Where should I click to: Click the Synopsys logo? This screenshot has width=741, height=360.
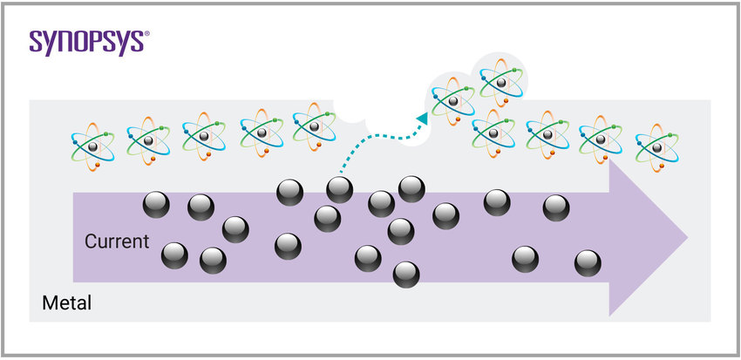[x=88, y=42]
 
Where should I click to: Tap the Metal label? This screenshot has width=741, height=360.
[x=67, y=304]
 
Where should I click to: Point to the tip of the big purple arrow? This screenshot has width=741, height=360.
[x=688, y=237]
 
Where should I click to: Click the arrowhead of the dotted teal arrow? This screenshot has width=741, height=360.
[x=422, y=117]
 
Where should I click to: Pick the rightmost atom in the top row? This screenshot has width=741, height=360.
[x=656, y=142]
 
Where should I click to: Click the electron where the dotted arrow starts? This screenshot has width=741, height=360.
[x=340, y=189]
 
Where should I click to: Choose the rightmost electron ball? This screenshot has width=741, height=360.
[x=588, y=262]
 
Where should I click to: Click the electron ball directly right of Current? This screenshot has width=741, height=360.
[x=174, y=255]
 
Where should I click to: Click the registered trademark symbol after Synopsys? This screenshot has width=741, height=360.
[x=146, y=34]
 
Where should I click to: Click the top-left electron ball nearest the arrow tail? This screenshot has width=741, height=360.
[x=156, y=204]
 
